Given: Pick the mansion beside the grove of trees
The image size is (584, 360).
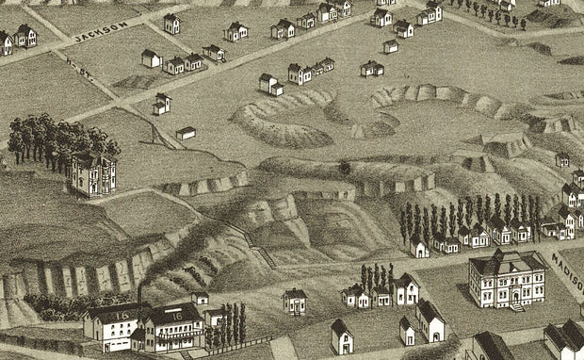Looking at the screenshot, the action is point(94,174).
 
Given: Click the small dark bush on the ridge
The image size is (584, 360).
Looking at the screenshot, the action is point(345,169).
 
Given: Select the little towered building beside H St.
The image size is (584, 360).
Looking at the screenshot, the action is point(162,104).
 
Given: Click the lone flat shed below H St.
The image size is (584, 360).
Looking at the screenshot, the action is point(187,133).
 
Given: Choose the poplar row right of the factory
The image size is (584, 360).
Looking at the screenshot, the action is point(230,322).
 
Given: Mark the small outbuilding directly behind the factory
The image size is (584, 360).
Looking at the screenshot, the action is point(200,298).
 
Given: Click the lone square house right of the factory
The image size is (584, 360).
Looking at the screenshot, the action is point(295,302).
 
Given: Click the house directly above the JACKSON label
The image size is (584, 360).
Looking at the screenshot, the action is point(170,23).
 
